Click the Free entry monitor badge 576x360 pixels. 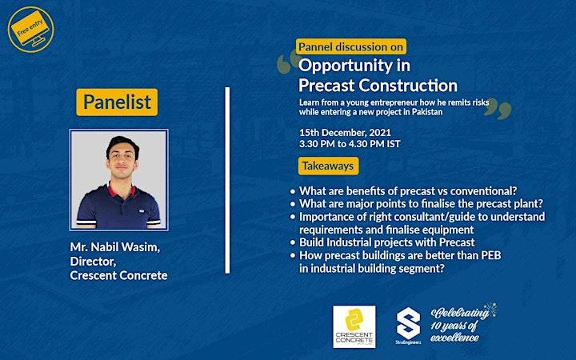coord(30,30)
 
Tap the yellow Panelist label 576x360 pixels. coord(117,102)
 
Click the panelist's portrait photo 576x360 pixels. coord(118,180)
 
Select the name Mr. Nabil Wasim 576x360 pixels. coord(115,247)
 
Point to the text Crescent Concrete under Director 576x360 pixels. coord(118,275)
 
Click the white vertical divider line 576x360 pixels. coord(227,180)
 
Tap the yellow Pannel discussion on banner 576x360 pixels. coord(351,46)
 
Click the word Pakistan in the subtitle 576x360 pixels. coord(427,112)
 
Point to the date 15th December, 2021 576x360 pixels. coord(345,132)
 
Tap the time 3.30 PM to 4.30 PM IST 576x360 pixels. coord(350,144)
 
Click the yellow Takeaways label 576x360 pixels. coord(328,166)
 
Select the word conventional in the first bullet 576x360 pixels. coord(483,191)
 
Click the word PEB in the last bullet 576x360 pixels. coord(491,255)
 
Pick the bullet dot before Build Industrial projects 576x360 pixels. coord(293,243)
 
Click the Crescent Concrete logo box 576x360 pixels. coord(354,326)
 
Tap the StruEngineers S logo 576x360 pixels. coord(408,325)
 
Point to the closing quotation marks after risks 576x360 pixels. coord(498,109)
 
